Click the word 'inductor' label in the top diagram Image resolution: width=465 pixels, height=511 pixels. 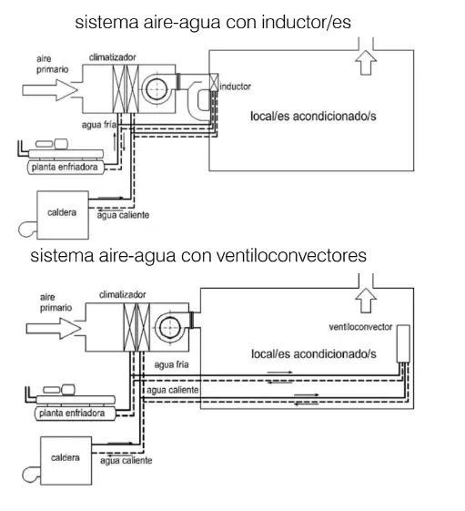point(235,87)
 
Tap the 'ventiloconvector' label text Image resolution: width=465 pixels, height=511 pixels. point(360,327)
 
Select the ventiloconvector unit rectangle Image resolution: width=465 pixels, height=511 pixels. point(403,343)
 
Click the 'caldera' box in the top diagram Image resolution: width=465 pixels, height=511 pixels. point(63,215)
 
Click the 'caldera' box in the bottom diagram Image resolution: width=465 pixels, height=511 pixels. point(66,461)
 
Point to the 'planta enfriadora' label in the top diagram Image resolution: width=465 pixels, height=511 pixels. point(65,168)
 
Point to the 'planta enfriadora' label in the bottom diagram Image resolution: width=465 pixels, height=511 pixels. point(72,414)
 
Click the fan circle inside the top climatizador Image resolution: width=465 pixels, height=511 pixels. point(157,89)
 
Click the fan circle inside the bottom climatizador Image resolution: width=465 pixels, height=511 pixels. point(170,327)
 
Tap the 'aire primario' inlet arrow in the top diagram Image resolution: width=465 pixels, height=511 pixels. point(50,90)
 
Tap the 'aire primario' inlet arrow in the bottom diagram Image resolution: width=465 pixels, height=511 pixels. point(54,329)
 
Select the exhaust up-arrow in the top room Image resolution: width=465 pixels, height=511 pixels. point(366,63)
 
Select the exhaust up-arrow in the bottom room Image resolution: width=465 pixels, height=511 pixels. point(366,301)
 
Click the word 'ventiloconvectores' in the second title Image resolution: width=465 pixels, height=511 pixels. point(291,255)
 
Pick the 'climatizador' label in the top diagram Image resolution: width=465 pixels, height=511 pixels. point(113,57)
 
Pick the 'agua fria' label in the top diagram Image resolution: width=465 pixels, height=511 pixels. point(98,125)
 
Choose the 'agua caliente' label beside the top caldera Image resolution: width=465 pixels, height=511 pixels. point(123,215)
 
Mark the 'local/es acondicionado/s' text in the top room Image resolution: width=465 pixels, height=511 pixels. point(313,117)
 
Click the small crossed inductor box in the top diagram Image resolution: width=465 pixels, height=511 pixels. point(214,82)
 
